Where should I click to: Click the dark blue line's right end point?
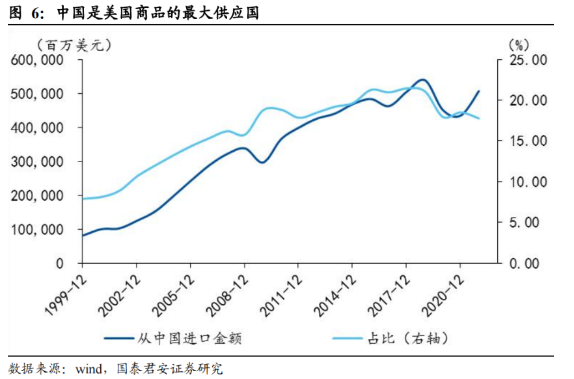[x=479, y=91]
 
